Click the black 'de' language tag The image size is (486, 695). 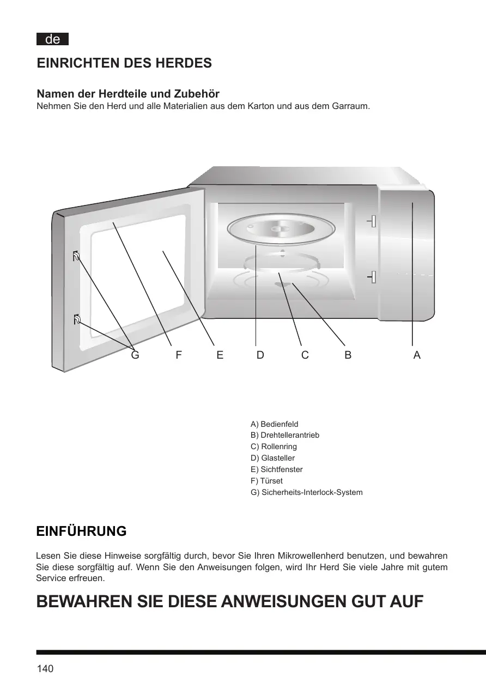[x=52, y=39]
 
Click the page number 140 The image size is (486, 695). [x=45, y=669]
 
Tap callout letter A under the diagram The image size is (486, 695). [x=417, y=355]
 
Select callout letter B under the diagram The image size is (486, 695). [x=348, y=355]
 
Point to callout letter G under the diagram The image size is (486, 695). [x=135, y=355]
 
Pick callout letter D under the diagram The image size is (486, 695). [x=260, y=355]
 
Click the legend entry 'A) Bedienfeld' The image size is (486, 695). [x=274, y=424]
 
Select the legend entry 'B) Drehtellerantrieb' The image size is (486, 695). [x=284, y=436]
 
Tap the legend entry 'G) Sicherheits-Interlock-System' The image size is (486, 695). [x=306, y=493]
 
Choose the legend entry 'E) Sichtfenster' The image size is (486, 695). [x=276, y=470]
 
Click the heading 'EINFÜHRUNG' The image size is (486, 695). [x=81, y=531]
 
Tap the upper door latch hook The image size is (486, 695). [x=76, y=256]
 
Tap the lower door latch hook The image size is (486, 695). [x=77, y=320]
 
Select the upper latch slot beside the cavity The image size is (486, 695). [x=373, y=221]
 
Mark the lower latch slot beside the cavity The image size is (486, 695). [x=373, y=277]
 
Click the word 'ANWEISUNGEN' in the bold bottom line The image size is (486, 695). [x=292, y=602]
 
